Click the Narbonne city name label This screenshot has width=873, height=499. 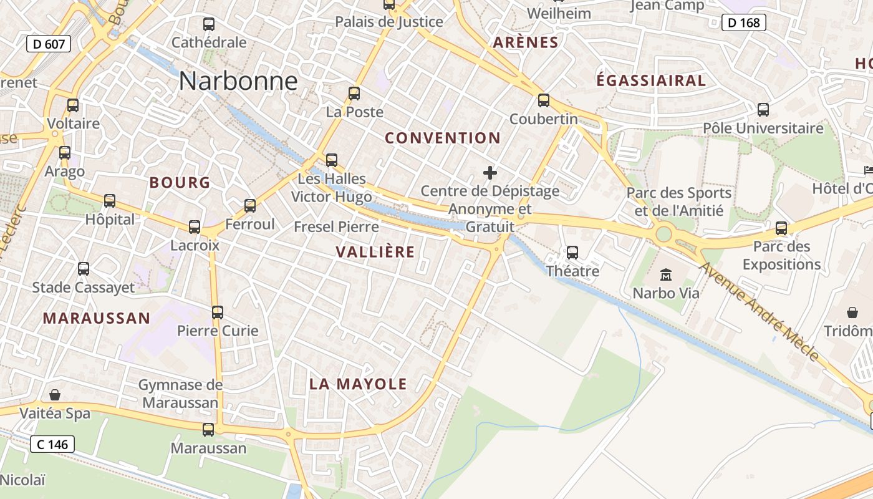238,81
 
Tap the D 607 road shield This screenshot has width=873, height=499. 49,44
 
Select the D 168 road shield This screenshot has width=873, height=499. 744,23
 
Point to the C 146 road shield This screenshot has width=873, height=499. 52,444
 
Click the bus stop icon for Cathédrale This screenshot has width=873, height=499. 209,25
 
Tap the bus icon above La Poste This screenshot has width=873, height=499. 354,94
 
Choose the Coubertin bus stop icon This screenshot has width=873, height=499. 544,100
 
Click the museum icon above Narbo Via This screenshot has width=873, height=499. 666,274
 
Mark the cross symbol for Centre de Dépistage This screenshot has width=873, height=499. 490,173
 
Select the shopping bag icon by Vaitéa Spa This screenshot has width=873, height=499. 55,395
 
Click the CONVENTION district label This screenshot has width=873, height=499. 443,138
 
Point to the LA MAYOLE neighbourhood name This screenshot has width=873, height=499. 358,384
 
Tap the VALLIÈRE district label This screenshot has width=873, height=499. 375,252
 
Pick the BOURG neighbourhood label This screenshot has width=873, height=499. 180,183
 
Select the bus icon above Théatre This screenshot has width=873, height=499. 572,253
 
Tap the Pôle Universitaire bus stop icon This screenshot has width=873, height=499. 763,110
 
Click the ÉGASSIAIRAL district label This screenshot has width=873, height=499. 651,80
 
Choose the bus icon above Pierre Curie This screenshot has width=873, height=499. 218,312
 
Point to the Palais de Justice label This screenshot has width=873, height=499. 389,22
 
